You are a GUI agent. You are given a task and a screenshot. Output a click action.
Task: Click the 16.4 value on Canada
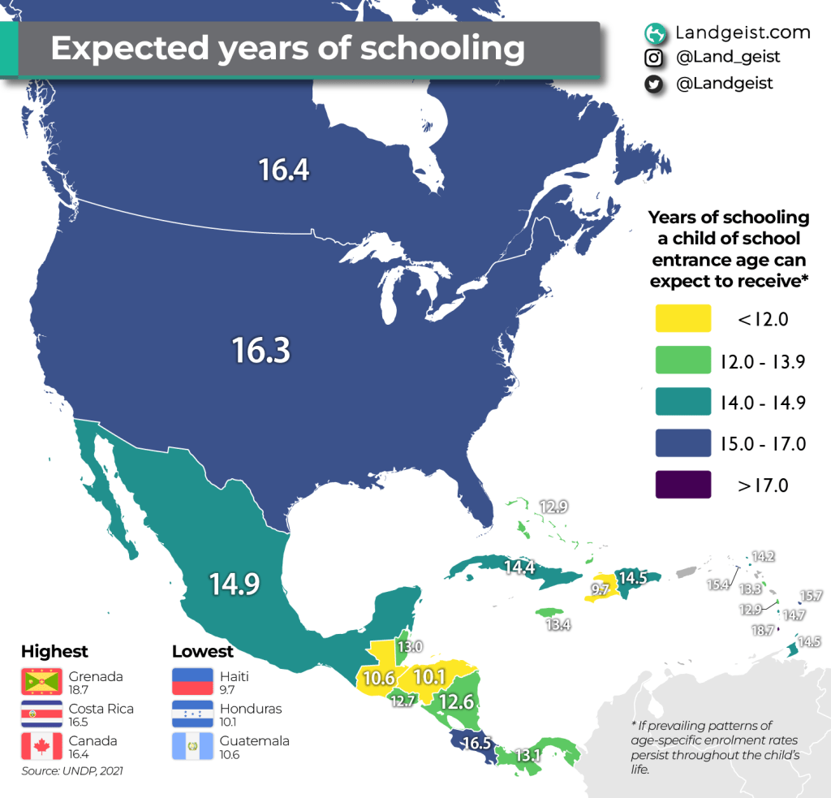point(285,170)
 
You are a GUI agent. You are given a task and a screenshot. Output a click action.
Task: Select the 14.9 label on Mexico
point(235,584)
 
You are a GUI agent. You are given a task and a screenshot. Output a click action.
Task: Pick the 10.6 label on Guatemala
point(378,677)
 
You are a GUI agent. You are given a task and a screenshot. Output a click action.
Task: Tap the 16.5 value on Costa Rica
point(476,742)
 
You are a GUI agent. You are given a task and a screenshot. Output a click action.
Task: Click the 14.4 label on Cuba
point(519,567)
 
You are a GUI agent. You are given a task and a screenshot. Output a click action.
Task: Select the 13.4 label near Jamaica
point(557,623)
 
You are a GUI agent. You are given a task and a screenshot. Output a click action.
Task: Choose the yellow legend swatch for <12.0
point(682,319)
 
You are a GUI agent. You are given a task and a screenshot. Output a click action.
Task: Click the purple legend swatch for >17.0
point(682,485)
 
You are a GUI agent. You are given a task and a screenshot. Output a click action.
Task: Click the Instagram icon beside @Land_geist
point(653,58)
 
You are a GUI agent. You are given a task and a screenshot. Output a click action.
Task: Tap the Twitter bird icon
point(653,84)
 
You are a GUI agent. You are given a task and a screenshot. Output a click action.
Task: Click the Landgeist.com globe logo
point(653,33)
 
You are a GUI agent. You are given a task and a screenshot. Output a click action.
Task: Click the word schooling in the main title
point(442,48)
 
